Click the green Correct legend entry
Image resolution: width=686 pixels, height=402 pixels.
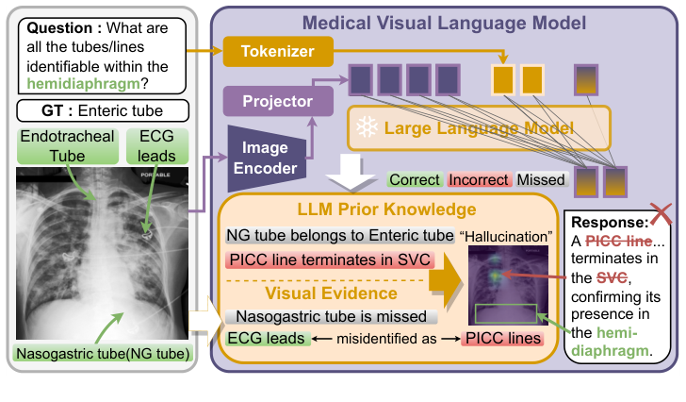415,179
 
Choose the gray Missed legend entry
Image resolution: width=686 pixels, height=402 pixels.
541,179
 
